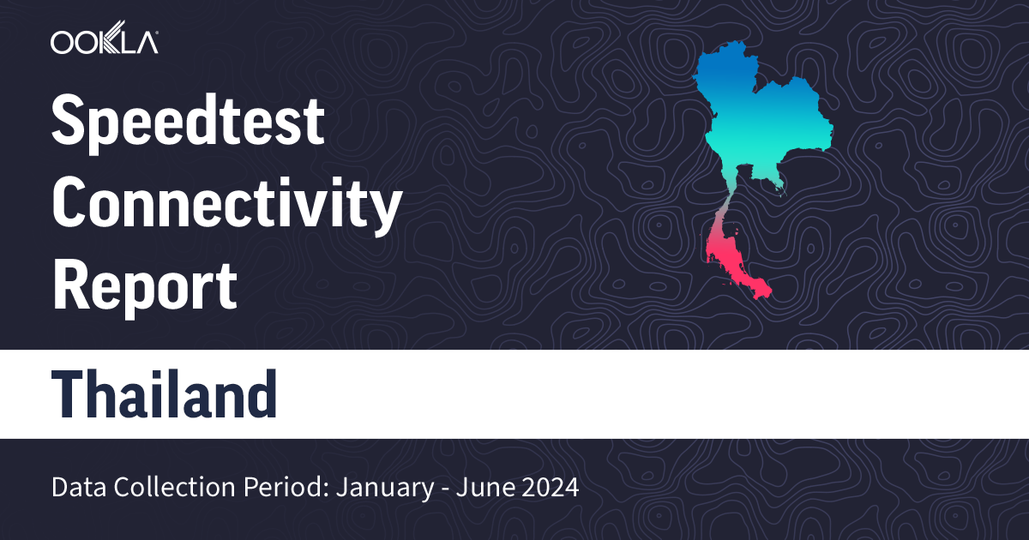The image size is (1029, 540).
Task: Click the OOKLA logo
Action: click(104, 42)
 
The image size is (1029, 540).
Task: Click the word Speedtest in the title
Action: click(188, 123)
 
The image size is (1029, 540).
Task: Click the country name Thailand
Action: click(165, 395)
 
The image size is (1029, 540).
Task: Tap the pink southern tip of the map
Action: click(759, 291)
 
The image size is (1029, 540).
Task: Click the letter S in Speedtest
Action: click(70, 123)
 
